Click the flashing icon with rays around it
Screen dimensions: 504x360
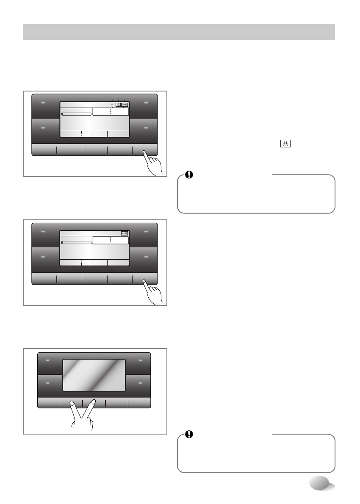pyautogui.click(x=118, y=105)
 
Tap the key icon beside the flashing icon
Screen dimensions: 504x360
pyautogui.click(x=125, y=105)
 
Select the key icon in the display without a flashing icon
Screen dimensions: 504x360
pyautogui.click(x=125, y=233)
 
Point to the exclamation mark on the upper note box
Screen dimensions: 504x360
pyautogui.click(x=188, y=175)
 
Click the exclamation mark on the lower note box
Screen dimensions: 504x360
pyautogui.click(x=188, y=435)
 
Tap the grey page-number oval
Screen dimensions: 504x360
pyautogui.click(x=321, y=483)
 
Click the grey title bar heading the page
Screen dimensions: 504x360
pyautogui.click(x=179, y=32)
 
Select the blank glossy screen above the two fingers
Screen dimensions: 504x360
pyautogui.click(x=94, y=375)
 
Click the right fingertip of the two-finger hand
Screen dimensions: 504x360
pyautogui.click(x=94, y=403)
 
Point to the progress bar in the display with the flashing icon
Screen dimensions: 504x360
pyautogui.click(x=77, y=114)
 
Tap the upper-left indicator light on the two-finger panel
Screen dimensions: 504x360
pyautogui.click(x=47, y=361)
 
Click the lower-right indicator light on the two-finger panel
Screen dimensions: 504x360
pyautogui.click(x=140, y=382)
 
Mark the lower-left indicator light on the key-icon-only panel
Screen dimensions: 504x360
pyautogui.click(x=44, y=257)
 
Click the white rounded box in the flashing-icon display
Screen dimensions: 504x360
pyautogui.click(x=110, y=111)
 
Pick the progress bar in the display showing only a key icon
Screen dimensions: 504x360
pyautogui.click(x=77, y=242)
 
